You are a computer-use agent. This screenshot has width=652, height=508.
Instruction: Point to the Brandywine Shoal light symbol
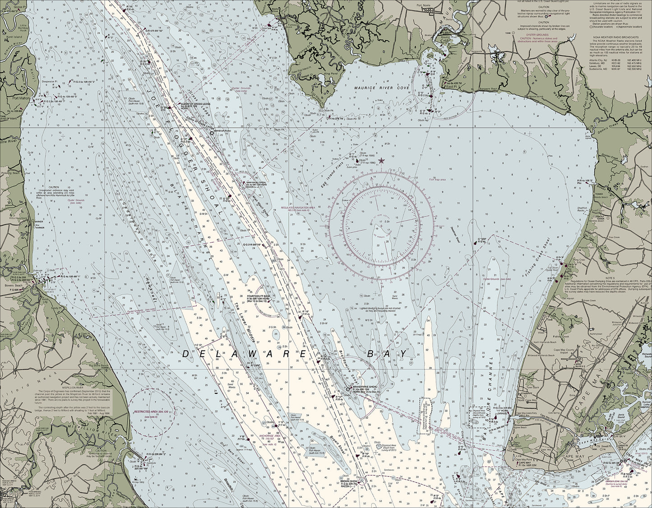click(348, 388)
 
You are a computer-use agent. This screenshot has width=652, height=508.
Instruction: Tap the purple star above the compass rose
click(381, 160)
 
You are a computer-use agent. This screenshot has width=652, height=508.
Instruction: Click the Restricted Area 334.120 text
click(148, 412)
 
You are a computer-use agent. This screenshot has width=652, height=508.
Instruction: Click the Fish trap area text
click(437, 180)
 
